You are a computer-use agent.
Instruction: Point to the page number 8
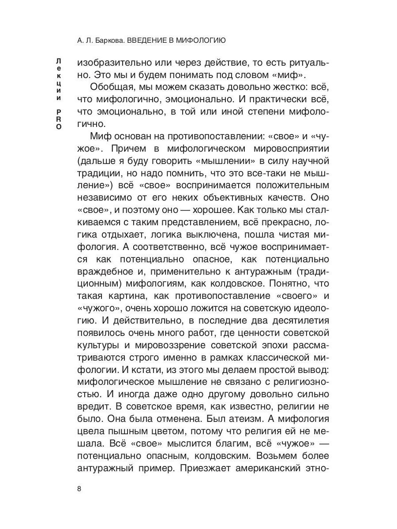point(79,488)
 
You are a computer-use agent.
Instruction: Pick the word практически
point(272,101)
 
